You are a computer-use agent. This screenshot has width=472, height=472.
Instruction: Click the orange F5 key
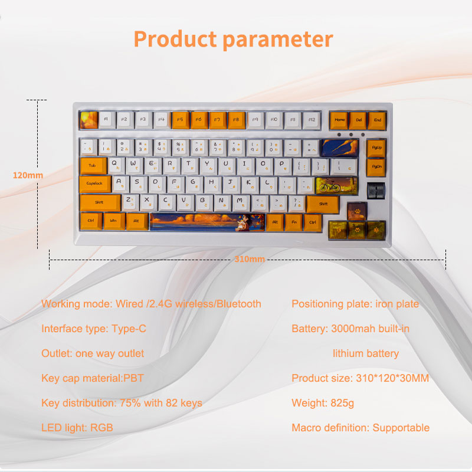tap(181, 120)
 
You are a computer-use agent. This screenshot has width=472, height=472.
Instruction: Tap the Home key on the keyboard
tap(339, 120)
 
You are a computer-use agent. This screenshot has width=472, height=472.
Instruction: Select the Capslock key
tap(95, 184)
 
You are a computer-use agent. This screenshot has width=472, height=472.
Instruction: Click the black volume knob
tap(376, 191)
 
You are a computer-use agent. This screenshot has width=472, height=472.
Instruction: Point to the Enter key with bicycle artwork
tap(336, 186)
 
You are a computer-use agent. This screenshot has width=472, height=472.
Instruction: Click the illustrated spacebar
tap(207, 222)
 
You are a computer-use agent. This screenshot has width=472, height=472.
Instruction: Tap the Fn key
tap(294, 222)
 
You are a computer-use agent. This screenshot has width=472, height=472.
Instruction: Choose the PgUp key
tap(376, 148)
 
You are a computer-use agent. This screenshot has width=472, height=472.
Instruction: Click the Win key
tap(113, 221)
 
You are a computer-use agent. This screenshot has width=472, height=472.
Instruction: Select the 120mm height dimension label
tap(28, 175)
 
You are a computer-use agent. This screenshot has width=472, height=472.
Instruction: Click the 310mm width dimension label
tap(250, 259)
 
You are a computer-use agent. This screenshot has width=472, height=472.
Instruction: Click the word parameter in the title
tap(278, 40)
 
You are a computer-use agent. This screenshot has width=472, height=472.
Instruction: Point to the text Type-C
tap(129, 329)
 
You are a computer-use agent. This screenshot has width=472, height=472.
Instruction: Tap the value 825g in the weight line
tap(342, 403)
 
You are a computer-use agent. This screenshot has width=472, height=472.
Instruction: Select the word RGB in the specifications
tap(101, 428)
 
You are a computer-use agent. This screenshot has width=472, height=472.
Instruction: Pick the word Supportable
tap(401, 428)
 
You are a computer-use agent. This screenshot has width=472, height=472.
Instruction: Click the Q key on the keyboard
tap(116, 166)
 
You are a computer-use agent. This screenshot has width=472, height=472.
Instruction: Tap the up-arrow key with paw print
tap(357, 211)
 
